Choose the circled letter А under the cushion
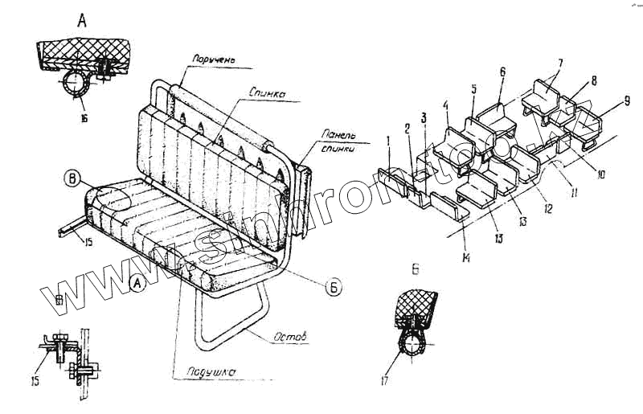pos(137,284)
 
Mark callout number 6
pos(503,72)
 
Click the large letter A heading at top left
pos(81,22)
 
